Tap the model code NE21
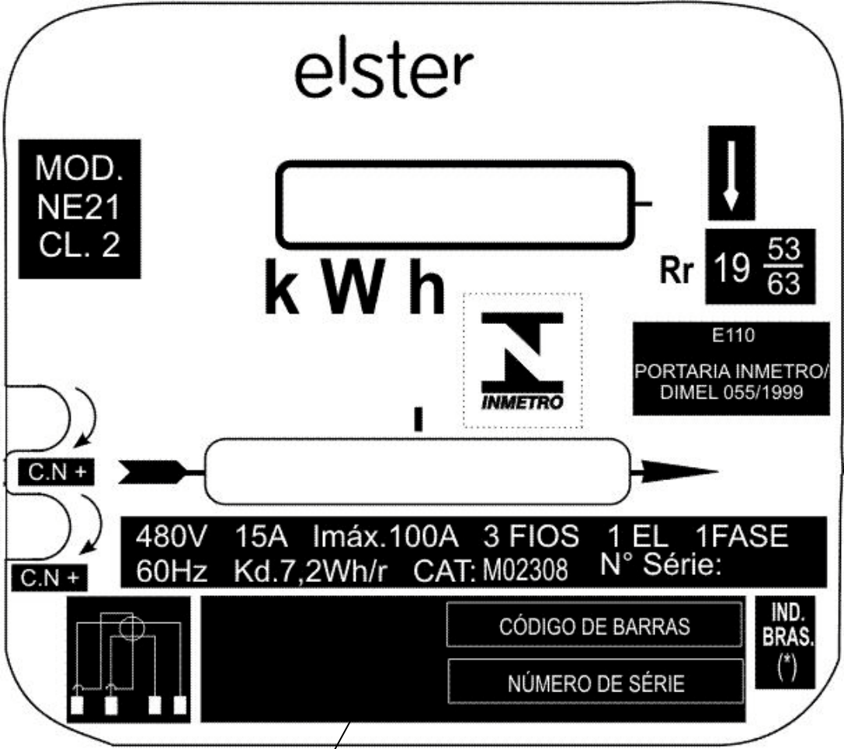point(78,207)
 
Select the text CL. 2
point(79,245)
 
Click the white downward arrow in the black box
point(731,176)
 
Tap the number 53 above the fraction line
point(783,249)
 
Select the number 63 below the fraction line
point(783,284)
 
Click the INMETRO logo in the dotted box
point(522,361)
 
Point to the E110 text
point(733,336)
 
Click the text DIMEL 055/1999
point(731,392)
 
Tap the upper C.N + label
point(57,472)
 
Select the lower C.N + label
point(50,578)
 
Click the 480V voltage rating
point(171,536)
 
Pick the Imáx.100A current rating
point(385,536)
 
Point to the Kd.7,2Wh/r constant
point(310,571)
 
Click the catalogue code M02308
point(525,571)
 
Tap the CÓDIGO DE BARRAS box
point(594,625)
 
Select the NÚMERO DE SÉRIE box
point(596,681)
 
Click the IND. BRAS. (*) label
point(787,642)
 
